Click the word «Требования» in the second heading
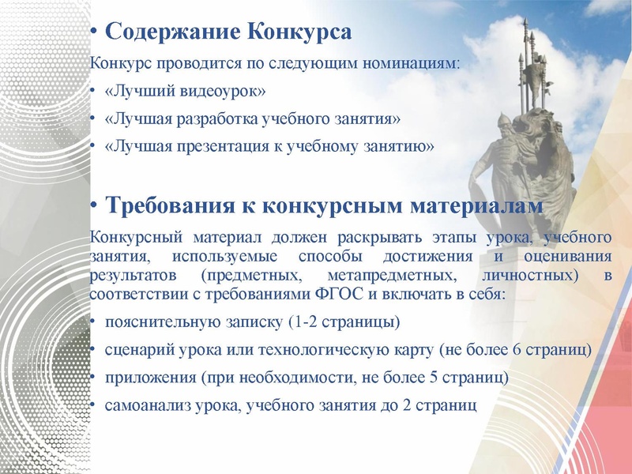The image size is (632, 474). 167,206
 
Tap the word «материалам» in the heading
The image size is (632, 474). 477,206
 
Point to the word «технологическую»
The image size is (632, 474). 337,348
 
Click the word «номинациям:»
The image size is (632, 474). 419,62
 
